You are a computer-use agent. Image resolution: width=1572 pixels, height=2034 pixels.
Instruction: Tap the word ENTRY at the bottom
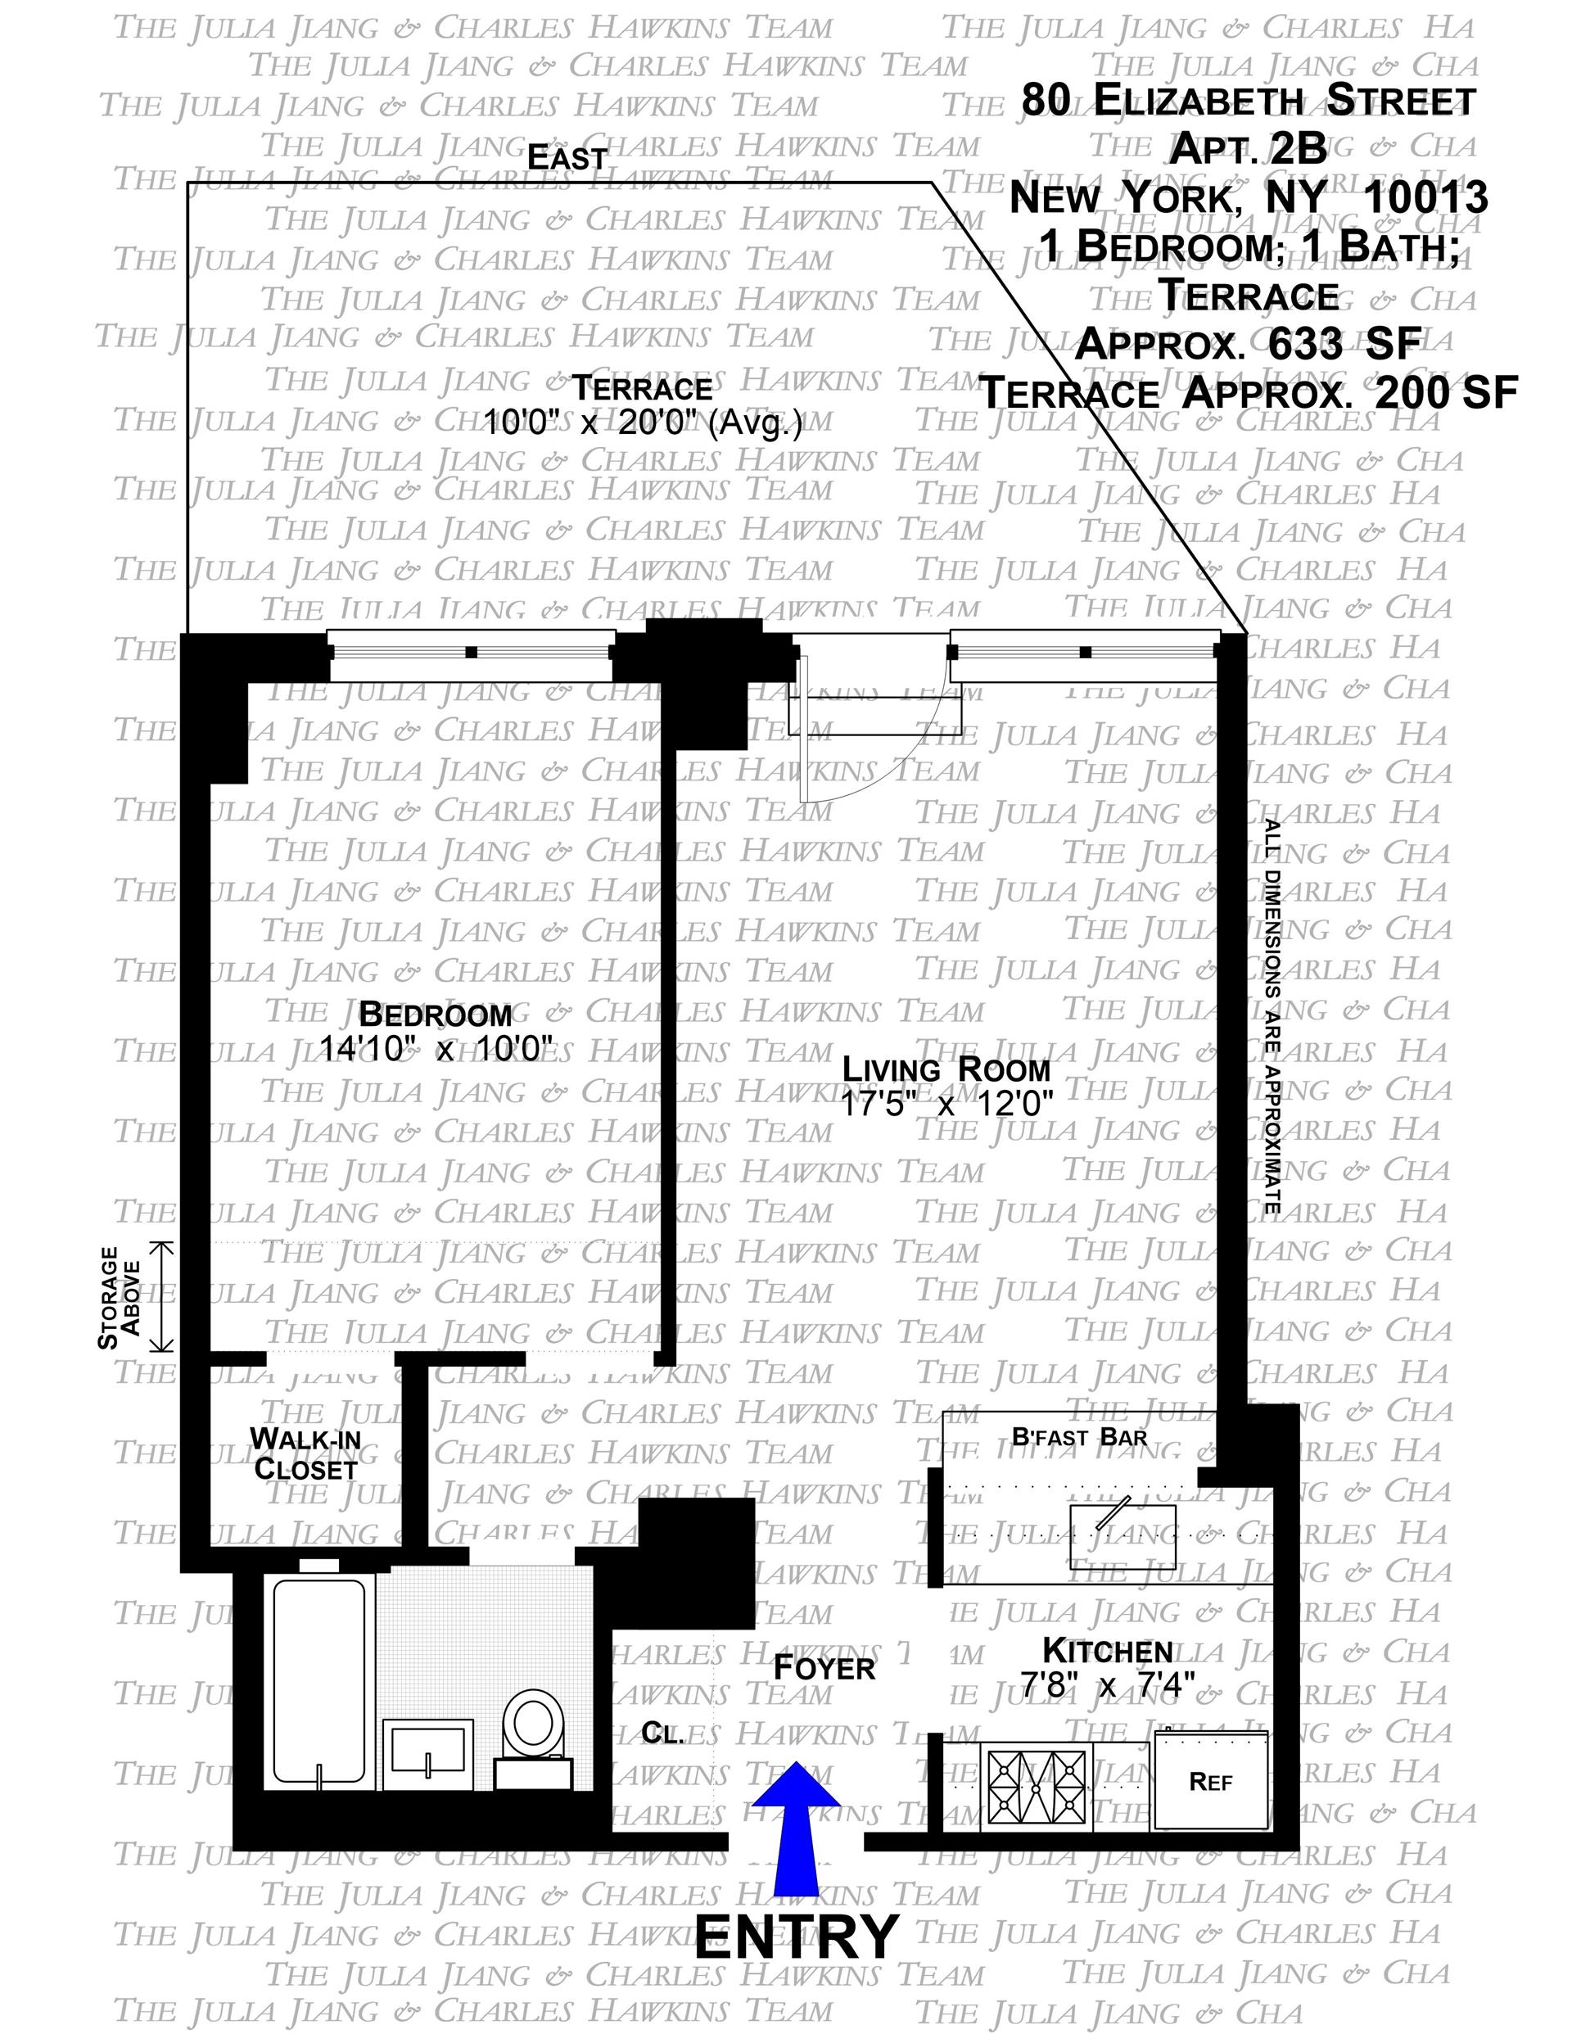click(x=797, y=1937)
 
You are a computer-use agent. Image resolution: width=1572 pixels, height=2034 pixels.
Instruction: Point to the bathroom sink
click(x=427, y=1750)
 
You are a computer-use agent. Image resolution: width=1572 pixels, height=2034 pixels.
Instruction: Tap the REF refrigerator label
click(x=1211, y=1783)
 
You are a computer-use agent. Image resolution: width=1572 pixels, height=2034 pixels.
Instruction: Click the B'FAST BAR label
click(x=1079, y=1437)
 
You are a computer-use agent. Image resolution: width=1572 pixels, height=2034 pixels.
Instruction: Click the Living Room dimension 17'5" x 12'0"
click(x=946, y=1105)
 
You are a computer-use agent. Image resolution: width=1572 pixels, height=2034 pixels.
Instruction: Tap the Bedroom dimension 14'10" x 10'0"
click(x=436, y=1049)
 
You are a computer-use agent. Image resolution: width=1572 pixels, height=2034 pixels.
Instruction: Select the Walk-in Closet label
click(x=305, y=1453)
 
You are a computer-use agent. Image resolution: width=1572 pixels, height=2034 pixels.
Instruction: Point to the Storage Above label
click(x=120, y=1297)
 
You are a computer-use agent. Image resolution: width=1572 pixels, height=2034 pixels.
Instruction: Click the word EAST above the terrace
click(x=567, y=158)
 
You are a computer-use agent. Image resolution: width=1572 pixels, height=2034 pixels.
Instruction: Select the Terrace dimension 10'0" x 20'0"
click(x=643, y=424)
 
